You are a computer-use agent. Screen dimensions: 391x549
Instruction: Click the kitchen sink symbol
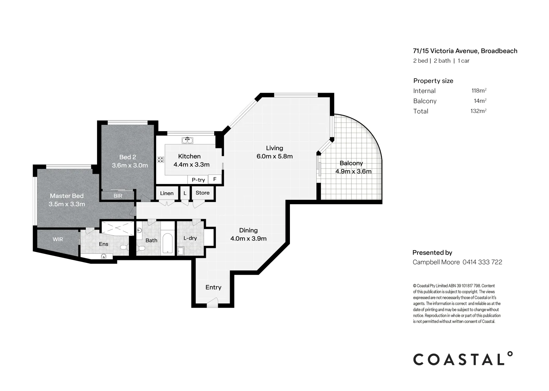187,140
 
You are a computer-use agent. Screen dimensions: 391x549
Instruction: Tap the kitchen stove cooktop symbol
161,159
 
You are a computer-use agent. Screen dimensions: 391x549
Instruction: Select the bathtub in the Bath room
167,244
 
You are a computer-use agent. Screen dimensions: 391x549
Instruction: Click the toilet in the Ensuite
124,248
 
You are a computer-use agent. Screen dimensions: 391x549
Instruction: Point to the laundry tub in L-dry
181,251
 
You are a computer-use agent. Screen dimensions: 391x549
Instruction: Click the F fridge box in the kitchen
215,179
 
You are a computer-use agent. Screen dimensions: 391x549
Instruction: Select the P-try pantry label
198,180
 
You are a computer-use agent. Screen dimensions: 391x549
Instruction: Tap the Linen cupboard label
167,193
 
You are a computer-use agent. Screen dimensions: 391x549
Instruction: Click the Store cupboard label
203,193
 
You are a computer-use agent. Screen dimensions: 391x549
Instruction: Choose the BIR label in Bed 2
118,196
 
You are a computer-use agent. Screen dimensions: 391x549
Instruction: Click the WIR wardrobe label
58,239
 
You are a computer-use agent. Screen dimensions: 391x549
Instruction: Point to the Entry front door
212,303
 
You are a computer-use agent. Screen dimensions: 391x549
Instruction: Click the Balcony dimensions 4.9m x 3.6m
353,172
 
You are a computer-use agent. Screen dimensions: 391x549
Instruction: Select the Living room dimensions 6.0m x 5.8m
274,156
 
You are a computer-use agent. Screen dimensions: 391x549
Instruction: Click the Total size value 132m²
478,111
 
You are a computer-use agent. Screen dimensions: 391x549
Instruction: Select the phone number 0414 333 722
482,262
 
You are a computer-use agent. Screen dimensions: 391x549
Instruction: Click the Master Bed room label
67,196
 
